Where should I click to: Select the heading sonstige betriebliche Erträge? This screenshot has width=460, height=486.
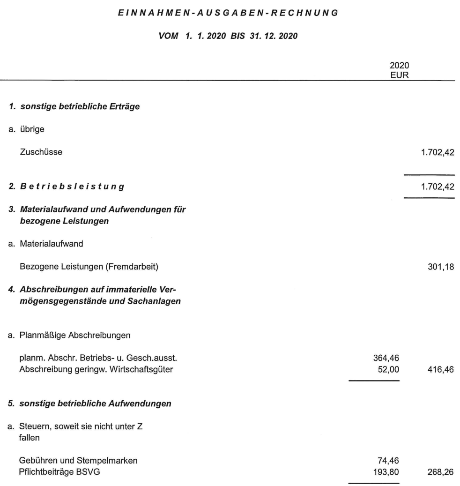coord(75,107)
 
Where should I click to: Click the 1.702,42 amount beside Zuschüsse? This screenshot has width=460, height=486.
coord(438,151)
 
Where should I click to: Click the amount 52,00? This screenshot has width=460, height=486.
coord(389,368)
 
